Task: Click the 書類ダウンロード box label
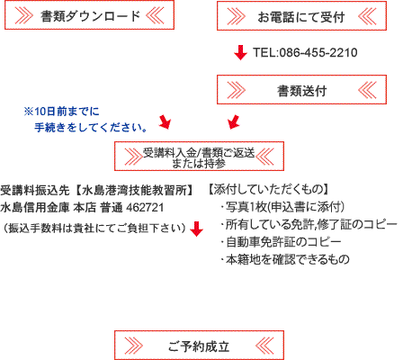[x=90, y=16]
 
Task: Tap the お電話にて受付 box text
[x=301, y=17]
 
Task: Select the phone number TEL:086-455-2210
[x=305, y=52]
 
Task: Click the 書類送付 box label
[x=301, y=91]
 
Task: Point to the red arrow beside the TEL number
[x=240, y=52]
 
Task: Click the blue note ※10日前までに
[x=61, y=112]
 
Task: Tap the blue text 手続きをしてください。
[x=91, y=128]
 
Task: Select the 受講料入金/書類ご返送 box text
[x=199, y=153]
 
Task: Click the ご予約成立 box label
[x=199, y=346]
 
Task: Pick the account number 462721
[x=145, y=208]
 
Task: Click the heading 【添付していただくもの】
[x=269, y=190]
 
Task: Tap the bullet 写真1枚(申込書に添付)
[x=282, y=207]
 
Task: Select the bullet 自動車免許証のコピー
[x=281, y=242]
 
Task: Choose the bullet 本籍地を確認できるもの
[x=285, y=259]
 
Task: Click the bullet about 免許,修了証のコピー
[x=309, y=224]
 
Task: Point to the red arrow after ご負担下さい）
[x=196, y=229]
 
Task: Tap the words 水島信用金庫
[x=35, y=208]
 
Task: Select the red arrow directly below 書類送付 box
[x=234, y=121]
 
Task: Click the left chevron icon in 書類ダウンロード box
[x=24, y=15]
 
